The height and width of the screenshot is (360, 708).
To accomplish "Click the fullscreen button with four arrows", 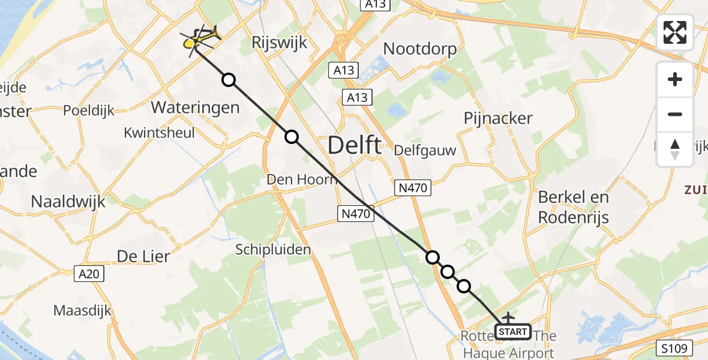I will (675, 32).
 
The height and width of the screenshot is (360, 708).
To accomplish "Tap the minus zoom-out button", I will (675, 115).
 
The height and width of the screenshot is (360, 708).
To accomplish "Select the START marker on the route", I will (513, 332).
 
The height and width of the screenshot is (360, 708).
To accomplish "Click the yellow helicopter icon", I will (201, 40).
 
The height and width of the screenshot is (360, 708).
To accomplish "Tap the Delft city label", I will (354, 146).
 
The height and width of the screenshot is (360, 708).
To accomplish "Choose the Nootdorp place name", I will (419, 49).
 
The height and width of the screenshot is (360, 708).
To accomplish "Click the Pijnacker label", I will (498, 118).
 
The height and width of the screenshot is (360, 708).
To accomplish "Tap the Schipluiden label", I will (273, 249).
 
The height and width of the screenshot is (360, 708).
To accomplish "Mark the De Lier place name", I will (143, 256).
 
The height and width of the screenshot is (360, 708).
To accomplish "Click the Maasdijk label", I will (82, 310).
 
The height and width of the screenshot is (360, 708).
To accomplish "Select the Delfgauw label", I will (425, 151).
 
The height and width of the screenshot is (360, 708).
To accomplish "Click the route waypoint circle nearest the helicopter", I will (229, 80).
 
